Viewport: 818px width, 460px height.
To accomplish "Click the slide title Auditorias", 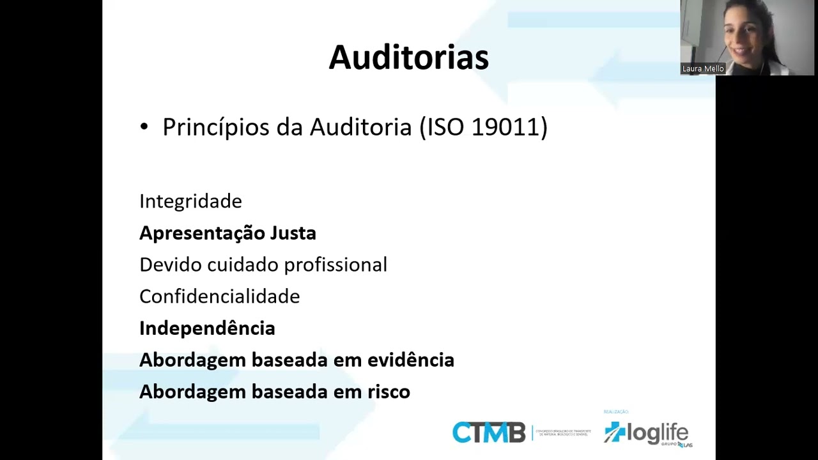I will pyautogui.click(x=408, y=57).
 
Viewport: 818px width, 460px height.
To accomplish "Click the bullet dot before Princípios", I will pyautogui.click(x=144, y=128).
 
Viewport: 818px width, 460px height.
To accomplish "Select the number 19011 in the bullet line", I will pyautogui.click(x=506, y=127).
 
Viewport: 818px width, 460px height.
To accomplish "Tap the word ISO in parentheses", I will pyautogui.click(x=445, y=127).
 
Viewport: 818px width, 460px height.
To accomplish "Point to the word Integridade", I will pyautogui.click(x=190, y=201).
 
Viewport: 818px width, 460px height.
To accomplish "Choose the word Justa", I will pyautogui.click(x=293, y=233).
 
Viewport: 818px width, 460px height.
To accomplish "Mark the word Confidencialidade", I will pyautogui.click(x=219, y=296).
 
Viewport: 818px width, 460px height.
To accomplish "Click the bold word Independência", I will pyautogui.click(x=207, y=328).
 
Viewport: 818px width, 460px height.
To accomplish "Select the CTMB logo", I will pyautogui.click(x=489, y=433).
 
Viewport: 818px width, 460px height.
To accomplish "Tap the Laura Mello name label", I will pyautogui.click(x=703, y=69).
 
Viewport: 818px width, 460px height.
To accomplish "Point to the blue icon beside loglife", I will pyautogui.click(x=615, y=432).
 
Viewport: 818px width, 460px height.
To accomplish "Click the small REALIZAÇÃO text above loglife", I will pyautogui.click(x=616, y=412).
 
